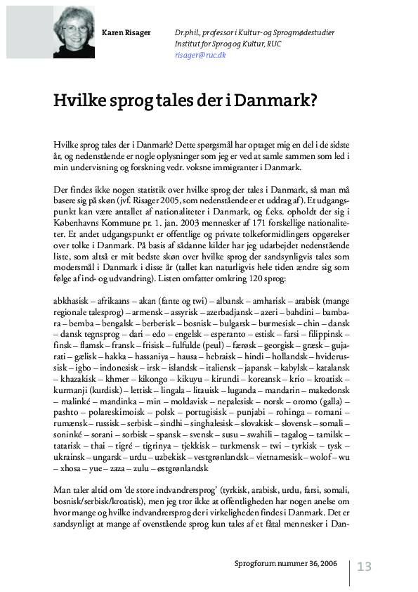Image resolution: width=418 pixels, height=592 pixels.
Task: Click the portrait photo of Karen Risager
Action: click(x=74, y=32)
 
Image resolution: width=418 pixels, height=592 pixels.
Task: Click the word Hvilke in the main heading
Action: click(x=79, y=100)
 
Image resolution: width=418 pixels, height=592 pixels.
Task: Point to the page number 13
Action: click(x=364, y=567)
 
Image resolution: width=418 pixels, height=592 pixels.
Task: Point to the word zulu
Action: click(x=142, y=468)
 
